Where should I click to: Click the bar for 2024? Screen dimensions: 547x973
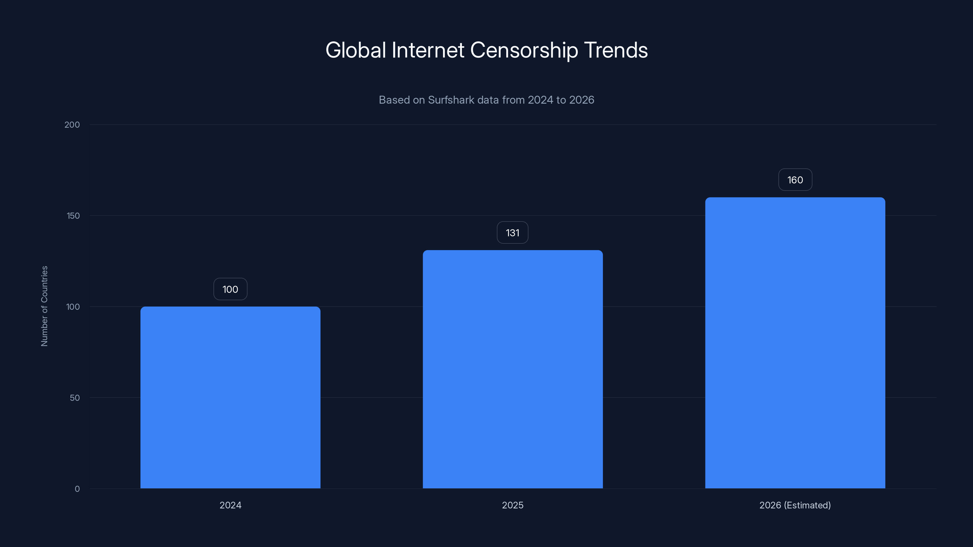point(230,397)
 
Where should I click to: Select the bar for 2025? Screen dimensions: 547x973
point(513,369)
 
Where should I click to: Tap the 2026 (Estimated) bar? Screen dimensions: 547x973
point(795,342)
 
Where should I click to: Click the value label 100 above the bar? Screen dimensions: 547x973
point(230,289)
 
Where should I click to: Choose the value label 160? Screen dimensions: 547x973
point(795,180)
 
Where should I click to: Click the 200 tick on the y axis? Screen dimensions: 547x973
point(72,125)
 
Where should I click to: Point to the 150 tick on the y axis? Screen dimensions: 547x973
point(73,215)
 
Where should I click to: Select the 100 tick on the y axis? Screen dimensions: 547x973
point(73,307)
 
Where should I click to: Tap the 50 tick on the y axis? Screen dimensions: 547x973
point(75,397)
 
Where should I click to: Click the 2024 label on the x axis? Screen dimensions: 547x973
point(230,505)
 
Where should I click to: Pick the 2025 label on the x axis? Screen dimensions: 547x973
point(513,505)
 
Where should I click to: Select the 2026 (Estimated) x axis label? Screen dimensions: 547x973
point(795,505)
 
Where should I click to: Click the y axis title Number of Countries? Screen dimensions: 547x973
point(44,306)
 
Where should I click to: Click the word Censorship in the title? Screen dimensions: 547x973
point(524,50)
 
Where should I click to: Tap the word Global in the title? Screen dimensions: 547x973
point(355,50)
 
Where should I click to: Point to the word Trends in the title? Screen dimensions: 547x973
point(616,50)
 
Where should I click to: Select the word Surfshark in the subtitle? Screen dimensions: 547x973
point(451,100)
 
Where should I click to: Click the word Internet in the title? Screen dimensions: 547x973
point(428,50)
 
